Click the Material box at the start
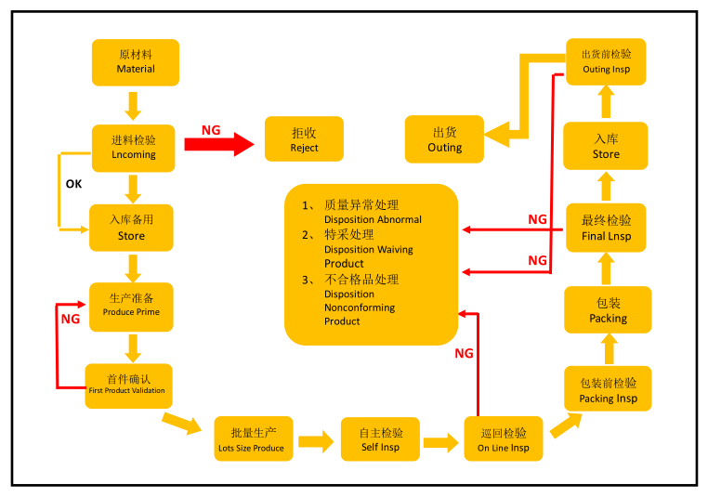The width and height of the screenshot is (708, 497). coord(136,62)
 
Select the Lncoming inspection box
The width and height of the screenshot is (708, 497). coord(134,148)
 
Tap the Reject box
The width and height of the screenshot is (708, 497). coord(304,139)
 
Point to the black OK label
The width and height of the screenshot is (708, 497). coord(73,184)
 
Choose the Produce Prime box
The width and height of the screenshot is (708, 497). coord(131,307)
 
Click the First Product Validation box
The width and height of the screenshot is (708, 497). coord(127,385)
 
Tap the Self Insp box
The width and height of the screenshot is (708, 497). coord(381,439)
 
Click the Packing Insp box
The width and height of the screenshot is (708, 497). coord(609,390)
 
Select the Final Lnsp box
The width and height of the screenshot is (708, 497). coord(607,229)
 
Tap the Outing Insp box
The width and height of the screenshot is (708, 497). coord(606,62)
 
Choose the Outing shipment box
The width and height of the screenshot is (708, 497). coord(444,139)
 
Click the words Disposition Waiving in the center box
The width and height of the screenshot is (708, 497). coord(369,249)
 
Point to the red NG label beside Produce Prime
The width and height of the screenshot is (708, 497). coord(71,319)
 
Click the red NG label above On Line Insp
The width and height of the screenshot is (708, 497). coord(464,354)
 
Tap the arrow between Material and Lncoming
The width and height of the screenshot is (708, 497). coord(133,105)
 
